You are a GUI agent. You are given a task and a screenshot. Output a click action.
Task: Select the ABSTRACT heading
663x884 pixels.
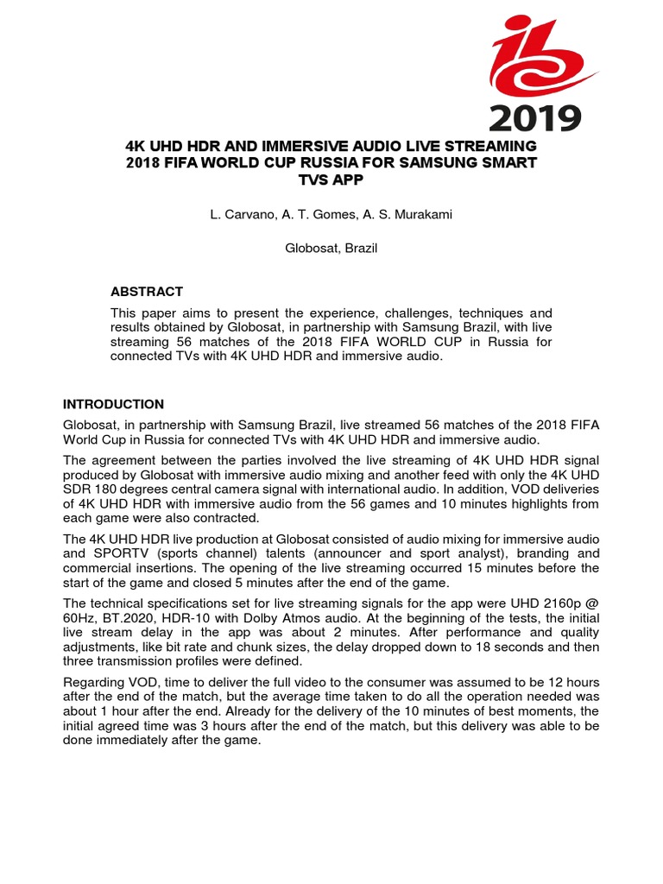pos(146,292)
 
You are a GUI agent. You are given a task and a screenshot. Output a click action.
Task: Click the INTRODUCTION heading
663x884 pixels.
pos(113,404)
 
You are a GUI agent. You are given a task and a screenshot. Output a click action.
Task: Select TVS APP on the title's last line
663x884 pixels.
pos(331,180)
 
